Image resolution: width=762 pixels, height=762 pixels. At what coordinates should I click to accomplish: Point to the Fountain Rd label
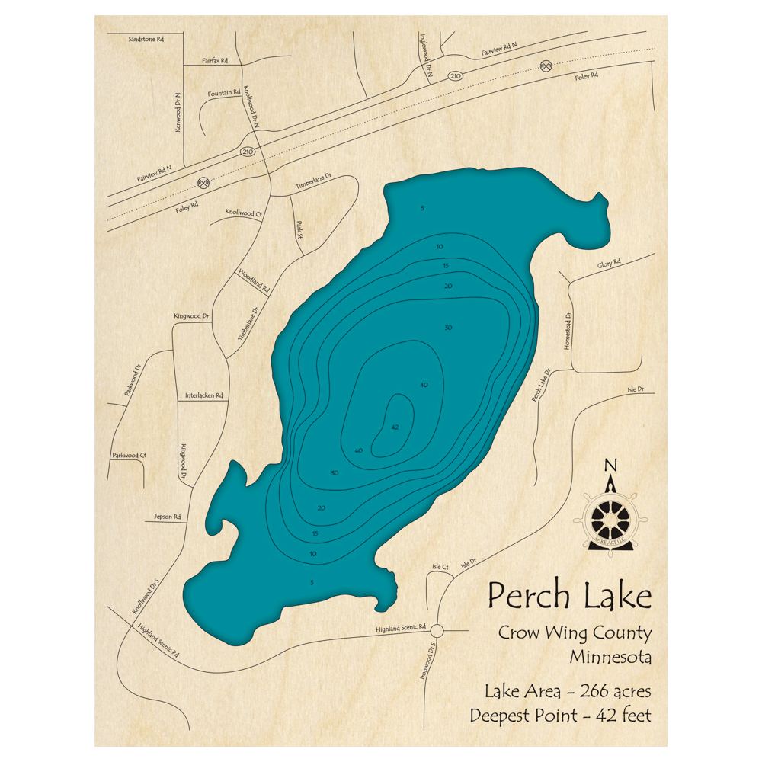(x=224, y=93)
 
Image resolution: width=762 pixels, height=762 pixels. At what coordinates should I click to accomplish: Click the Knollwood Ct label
(x=243, y=213)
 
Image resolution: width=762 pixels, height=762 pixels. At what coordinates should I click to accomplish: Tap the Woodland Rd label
(x=254, y=281)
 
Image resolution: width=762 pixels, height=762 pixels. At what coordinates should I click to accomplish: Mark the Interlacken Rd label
(x=203, y=395)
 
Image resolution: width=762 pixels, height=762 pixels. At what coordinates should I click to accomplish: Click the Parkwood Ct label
(x=129, y=455)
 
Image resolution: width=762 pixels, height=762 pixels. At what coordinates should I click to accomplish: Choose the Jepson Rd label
(x=168, y=517)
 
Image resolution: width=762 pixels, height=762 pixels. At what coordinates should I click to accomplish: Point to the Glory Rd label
(x=609, y=263)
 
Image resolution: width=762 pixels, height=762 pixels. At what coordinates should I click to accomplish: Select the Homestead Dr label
(x=568, y=329)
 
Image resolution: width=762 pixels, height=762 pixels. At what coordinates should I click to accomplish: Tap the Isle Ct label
(x=440, y=567)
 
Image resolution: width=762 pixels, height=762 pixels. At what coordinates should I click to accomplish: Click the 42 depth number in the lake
(x=394, y=427)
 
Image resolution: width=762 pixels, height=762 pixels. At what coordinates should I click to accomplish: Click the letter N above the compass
(x=610, y=466)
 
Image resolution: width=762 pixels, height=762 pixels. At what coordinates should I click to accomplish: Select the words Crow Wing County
(x=575, y=632)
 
